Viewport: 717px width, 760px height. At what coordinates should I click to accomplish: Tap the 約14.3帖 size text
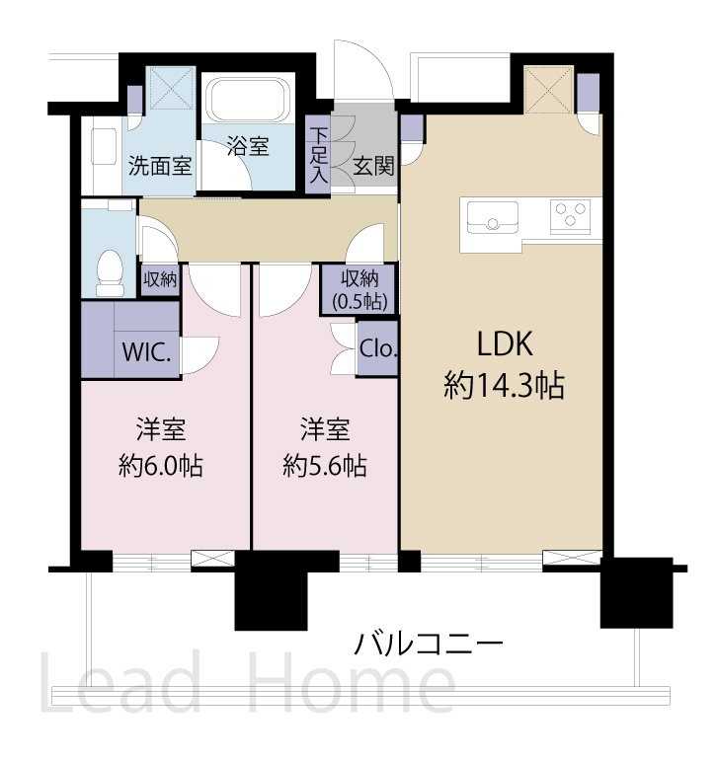pyautogui.click(x=505, y=386)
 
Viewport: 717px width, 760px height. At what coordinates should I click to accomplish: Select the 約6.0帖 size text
pyautogui.click(x=161, y=465)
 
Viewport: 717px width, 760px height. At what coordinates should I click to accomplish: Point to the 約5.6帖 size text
pyautogui.click(x=325, y=465)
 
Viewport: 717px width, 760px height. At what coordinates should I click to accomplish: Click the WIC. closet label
pyautogui.click(x=147, y=351)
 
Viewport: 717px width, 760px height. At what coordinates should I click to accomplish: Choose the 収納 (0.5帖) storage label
pyautogui.click(x=359, y=289)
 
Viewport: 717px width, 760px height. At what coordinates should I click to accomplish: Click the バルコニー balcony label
pyautogui.click(x=430, y=646)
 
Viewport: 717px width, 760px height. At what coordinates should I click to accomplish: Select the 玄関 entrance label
pyautogui.click(x=373, y=165)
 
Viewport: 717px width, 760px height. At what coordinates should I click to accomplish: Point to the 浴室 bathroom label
pyautogui.click(x=247, y=147)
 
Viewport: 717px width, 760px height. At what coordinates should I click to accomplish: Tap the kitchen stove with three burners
pyautogui.click(x=570, y=215)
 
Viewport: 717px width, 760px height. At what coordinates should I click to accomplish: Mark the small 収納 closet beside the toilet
pyautogui.click(x=159, y=280)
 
